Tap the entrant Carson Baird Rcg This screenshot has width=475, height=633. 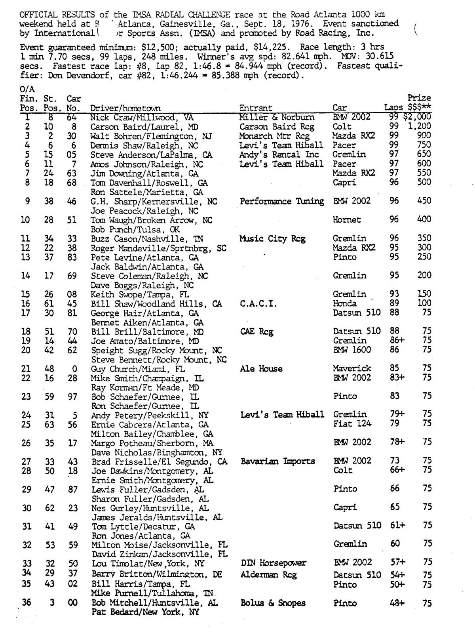pos(277,127)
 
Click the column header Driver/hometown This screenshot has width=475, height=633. pos(125,108)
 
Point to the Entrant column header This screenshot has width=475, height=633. pos(256,108)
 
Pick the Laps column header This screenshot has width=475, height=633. pos(393,107)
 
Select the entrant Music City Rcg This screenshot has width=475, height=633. pos(272,239)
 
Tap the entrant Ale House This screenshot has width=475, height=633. pos(261,369)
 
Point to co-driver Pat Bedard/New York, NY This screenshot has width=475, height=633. pos(145,612)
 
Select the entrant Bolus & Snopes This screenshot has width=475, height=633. pos(273,603)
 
